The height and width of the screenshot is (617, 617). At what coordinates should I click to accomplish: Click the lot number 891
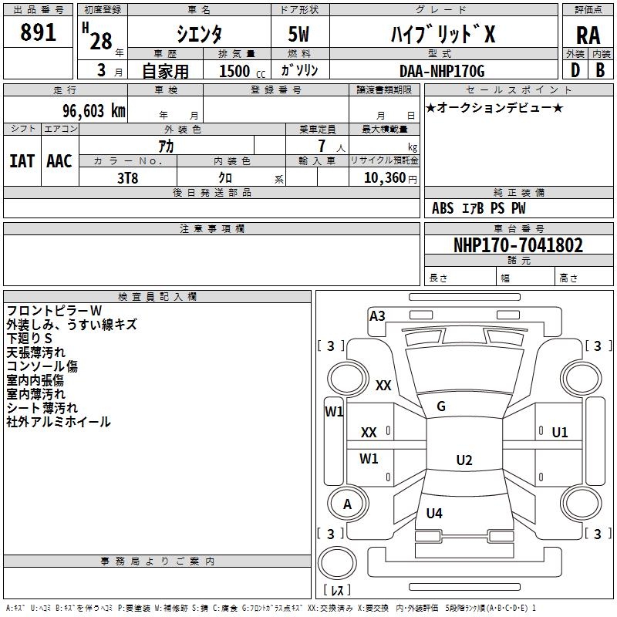[38, 32]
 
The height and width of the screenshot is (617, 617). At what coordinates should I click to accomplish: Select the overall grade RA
[588, 35]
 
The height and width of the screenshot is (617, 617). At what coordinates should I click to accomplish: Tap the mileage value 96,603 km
[94, 111]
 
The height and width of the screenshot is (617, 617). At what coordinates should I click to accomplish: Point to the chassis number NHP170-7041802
[518, 245]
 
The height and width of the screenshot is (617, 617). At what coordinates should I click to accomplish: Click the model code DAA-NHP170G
[442, 71]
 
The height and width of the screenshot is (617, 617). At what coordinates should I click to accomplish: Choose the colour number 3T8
[127, 178]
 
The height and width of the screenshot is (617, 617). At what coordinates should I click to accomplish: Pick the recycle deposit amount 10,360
[384, 178]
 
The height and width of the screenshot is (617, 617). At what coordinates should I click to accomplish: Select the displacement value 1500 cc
[242, 71]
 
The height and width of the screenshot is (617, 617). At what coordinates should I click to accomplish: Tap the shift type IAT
[22, 161]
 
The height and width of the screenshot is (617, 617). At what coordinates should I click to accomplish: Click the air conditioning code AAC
[59, 161]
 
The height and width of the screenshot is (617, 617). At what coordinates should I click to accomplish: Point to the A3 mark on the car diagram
[377, 316]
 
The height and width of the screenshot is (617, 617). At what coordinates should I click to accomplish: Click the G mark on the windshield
[441, 406]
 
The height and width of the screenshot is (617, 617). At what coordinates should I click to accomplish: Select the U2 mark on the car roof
[464, 460]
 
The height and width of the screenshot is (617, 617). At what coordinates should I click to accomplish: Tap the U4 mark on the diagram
[434, 513]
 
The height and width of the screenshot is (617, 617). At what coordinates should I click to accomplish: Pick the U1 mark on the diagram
[560, 433]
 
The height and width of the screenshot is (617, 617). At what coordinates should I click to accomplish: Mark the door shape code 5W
[298, 34]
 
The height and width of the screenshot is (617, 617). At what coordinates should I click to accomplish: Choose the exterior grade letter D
[575, 70]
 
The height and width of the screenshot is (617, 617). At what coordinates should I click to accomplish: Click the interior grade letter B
[600, 70]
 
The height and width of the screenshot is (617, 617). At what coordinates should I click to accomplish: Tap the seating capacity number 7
[322, 146]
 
